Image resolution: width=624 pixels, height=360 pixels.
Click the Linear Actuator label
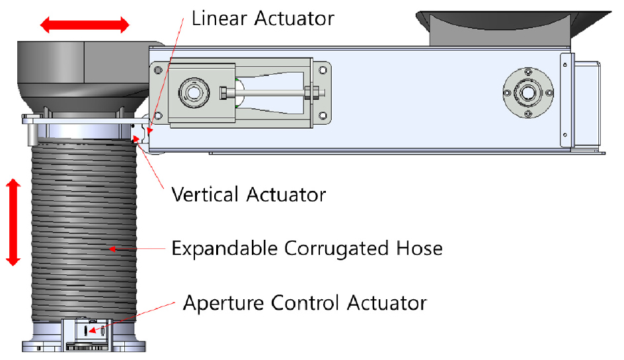tap(262, 18)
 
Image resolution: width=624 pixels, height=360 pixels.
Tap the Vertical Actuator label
tap(249, 194)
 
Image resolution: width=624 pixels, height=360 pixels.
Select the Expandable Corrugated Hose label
tap(307, 248)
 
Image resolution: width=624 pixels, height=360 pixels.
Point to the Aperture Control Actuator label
tap(305, 303)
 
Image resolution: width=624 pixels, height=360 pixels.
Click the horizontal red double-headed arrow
tap(85, 24)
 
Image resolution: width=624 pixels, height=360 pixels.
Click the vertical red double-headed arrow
tap(13, 222)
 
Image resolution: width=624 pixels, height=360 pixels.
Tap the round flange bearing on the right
tap(527, 92)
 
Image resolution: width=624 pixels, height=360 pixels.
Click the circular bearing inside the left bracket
tap(194, 92)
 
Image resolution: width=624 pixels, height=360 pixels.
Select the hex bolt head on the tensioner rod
tap(224, 93)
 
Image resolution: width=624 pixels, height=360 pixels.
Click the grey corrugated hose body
tap(84, 230)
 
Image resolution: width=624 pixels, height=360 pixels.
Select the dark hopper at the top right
tap(514, 28)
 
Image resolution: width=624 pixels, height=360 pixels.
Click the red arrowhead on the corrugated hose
tap(112, 249)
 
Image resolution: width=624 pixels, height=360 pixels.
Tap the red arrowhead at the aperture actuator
tap(93, 330)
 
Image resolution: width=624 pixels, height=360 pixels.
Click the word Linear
tap(219, 18)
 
